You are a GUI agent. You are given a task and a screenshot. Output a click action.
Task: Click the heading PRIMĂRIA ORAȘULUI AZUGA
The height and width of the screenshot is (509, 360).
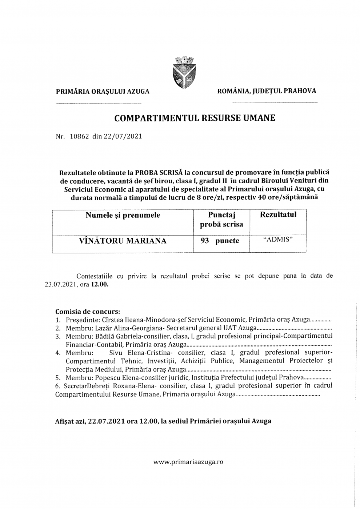103,92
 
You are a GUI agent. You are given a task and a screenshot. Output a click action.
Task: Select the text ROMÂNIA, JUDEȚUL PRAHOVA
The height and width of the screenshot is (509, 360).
267,91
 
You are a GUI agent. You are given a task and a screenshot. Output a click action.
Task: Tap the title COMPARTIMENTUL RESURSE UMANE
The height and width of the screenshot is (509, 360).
195,118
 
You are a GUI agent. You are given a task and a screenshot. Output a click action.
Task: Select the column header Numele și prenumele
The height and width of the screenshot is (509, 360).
123,215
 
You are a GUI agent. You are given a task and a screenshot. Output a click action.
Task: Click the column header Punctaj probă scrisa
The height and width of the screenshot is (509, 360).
221,220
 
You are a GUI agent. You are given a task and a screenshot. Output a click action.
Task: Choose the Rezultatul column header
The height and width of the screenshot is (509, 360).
278,215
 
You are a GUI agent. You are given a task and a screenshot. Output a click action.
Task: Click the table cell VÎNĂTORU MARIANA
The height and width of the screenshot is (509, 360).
123,241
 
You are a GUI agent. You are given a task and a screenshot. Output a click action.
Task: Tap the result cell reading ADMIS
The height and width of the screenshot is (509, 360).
278,240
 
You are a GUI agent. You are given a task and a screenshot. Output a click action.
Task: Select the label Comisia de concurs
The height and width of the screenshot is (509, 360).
88,312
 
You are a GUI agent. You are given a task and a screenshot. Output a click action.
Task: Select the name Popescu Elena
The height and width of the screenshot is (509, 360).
105,377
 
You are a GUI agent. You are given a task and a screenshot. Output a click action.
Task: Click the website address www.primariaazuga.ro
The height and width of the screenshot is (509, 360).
188,462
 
